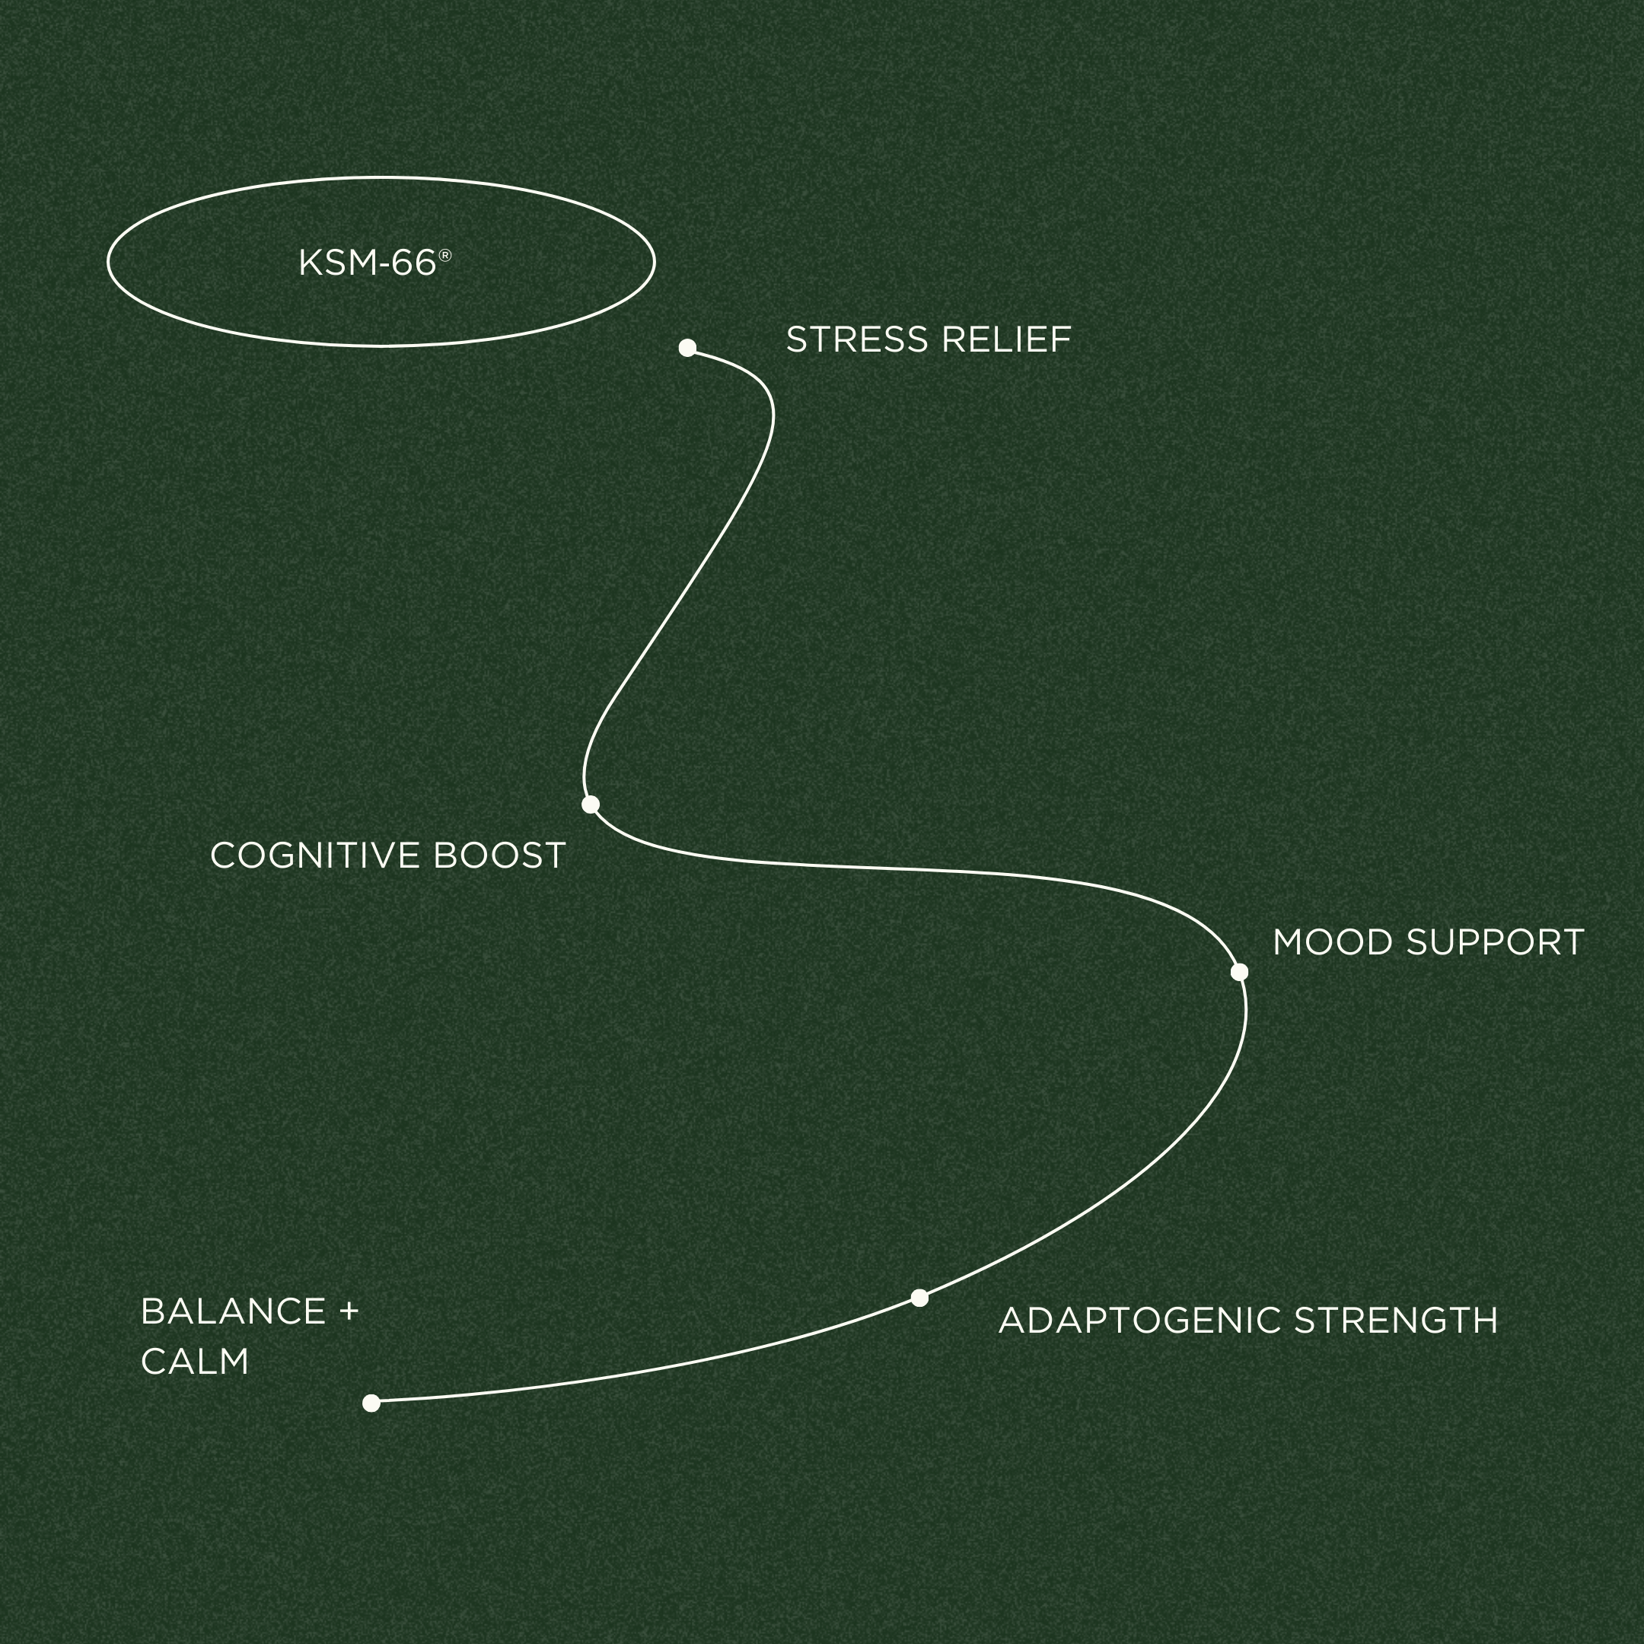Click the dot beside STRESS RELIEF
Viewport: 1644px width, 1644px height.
click(687, 347)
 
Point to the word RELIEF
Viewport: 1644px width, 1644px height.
click(1005, 340)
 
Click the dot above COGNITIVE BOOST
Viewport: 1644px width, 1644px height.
click(591, 804)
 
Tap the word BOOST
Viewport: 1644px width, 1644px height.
click(499, 856)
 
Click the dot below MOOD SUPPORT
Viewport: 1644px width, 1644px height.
click(1239, 972)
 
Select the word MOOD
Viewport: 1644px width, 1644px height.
click(1333, 943)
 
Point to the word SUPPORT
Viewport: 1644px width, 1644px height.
click(1494, 943)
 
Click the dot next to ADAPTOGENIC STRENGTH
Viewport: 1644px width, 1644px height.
click(919, 1298)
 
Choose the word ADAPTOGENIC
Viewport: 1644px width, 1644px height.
click(1139, 1321)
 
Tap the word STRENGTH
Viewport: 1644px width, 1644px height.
click(1396, 1321)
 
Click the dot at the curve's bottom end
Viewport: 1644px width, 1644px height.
click(371, 1403)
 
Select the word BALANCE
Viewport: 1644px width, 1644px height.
click(233, 1311)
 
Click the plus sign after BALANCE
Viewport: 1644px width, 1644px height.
click(348, 1312)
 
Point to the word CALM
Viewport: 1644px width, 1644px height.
click(195, 1362)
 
